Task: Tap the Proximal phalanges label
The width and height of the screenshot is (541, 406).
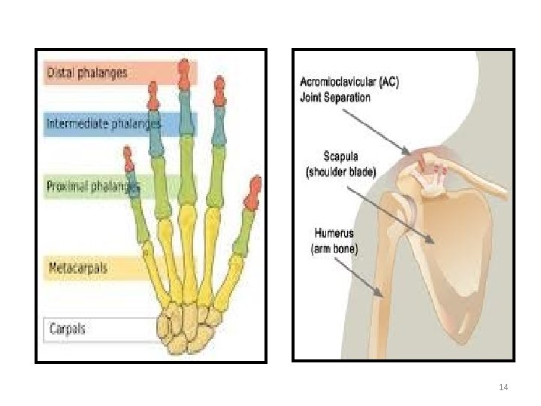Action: click(x=93, y=186)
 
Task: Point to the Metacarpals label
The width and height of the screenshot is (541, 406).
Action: click(x=78, y=268)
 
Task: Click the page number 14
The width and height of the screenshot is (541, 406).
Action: click(x=503, y=386)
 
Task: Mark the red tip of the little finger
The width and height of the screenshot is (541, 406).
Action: click(x=128, y=159)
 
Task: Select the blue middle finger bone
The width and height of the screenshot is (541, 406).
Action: click(x=184, y=112)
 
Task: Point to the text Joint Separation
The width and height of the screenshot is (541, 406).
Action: click(x=335, y=98)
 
